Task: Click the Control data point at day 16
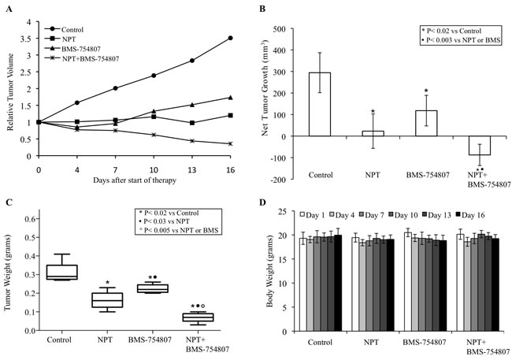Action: (230, 38)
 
